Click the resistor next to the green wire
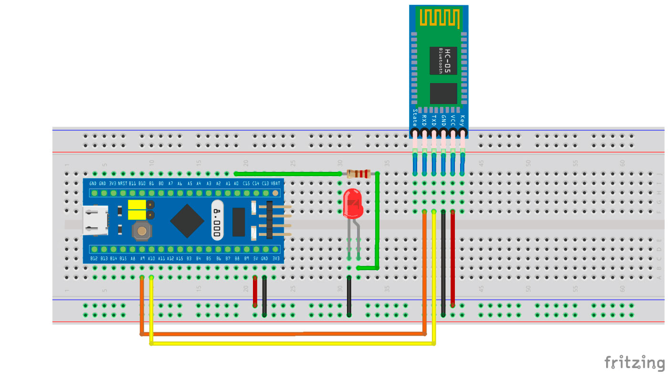click(358, 174)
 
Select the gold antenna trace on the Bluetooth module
click(440, 18)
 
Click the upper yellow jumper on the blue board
click(136, 205)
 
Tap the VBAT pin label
click(275, 183)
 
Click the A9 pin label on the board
click(142, 259)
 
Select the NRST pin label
click(123, 183)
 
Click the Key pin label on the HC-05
click(462, 119)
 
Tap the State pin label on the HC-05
click(414, 116)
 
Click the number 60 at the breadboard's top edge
click(622, 163)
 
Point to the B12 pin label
click(94, 259)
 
